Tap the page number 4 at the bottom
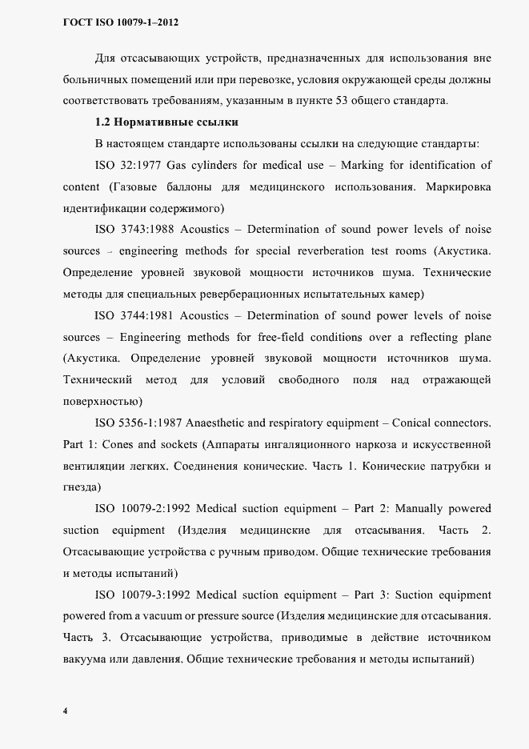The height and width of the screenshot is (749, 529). [65, 711]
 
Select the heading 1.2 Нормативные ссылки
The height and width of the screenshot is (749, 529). [166, 122]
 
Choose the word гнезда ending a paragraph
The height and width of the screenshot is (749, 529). [80, 487]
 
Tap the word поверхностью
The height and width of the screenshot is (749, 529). [101, 400]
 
